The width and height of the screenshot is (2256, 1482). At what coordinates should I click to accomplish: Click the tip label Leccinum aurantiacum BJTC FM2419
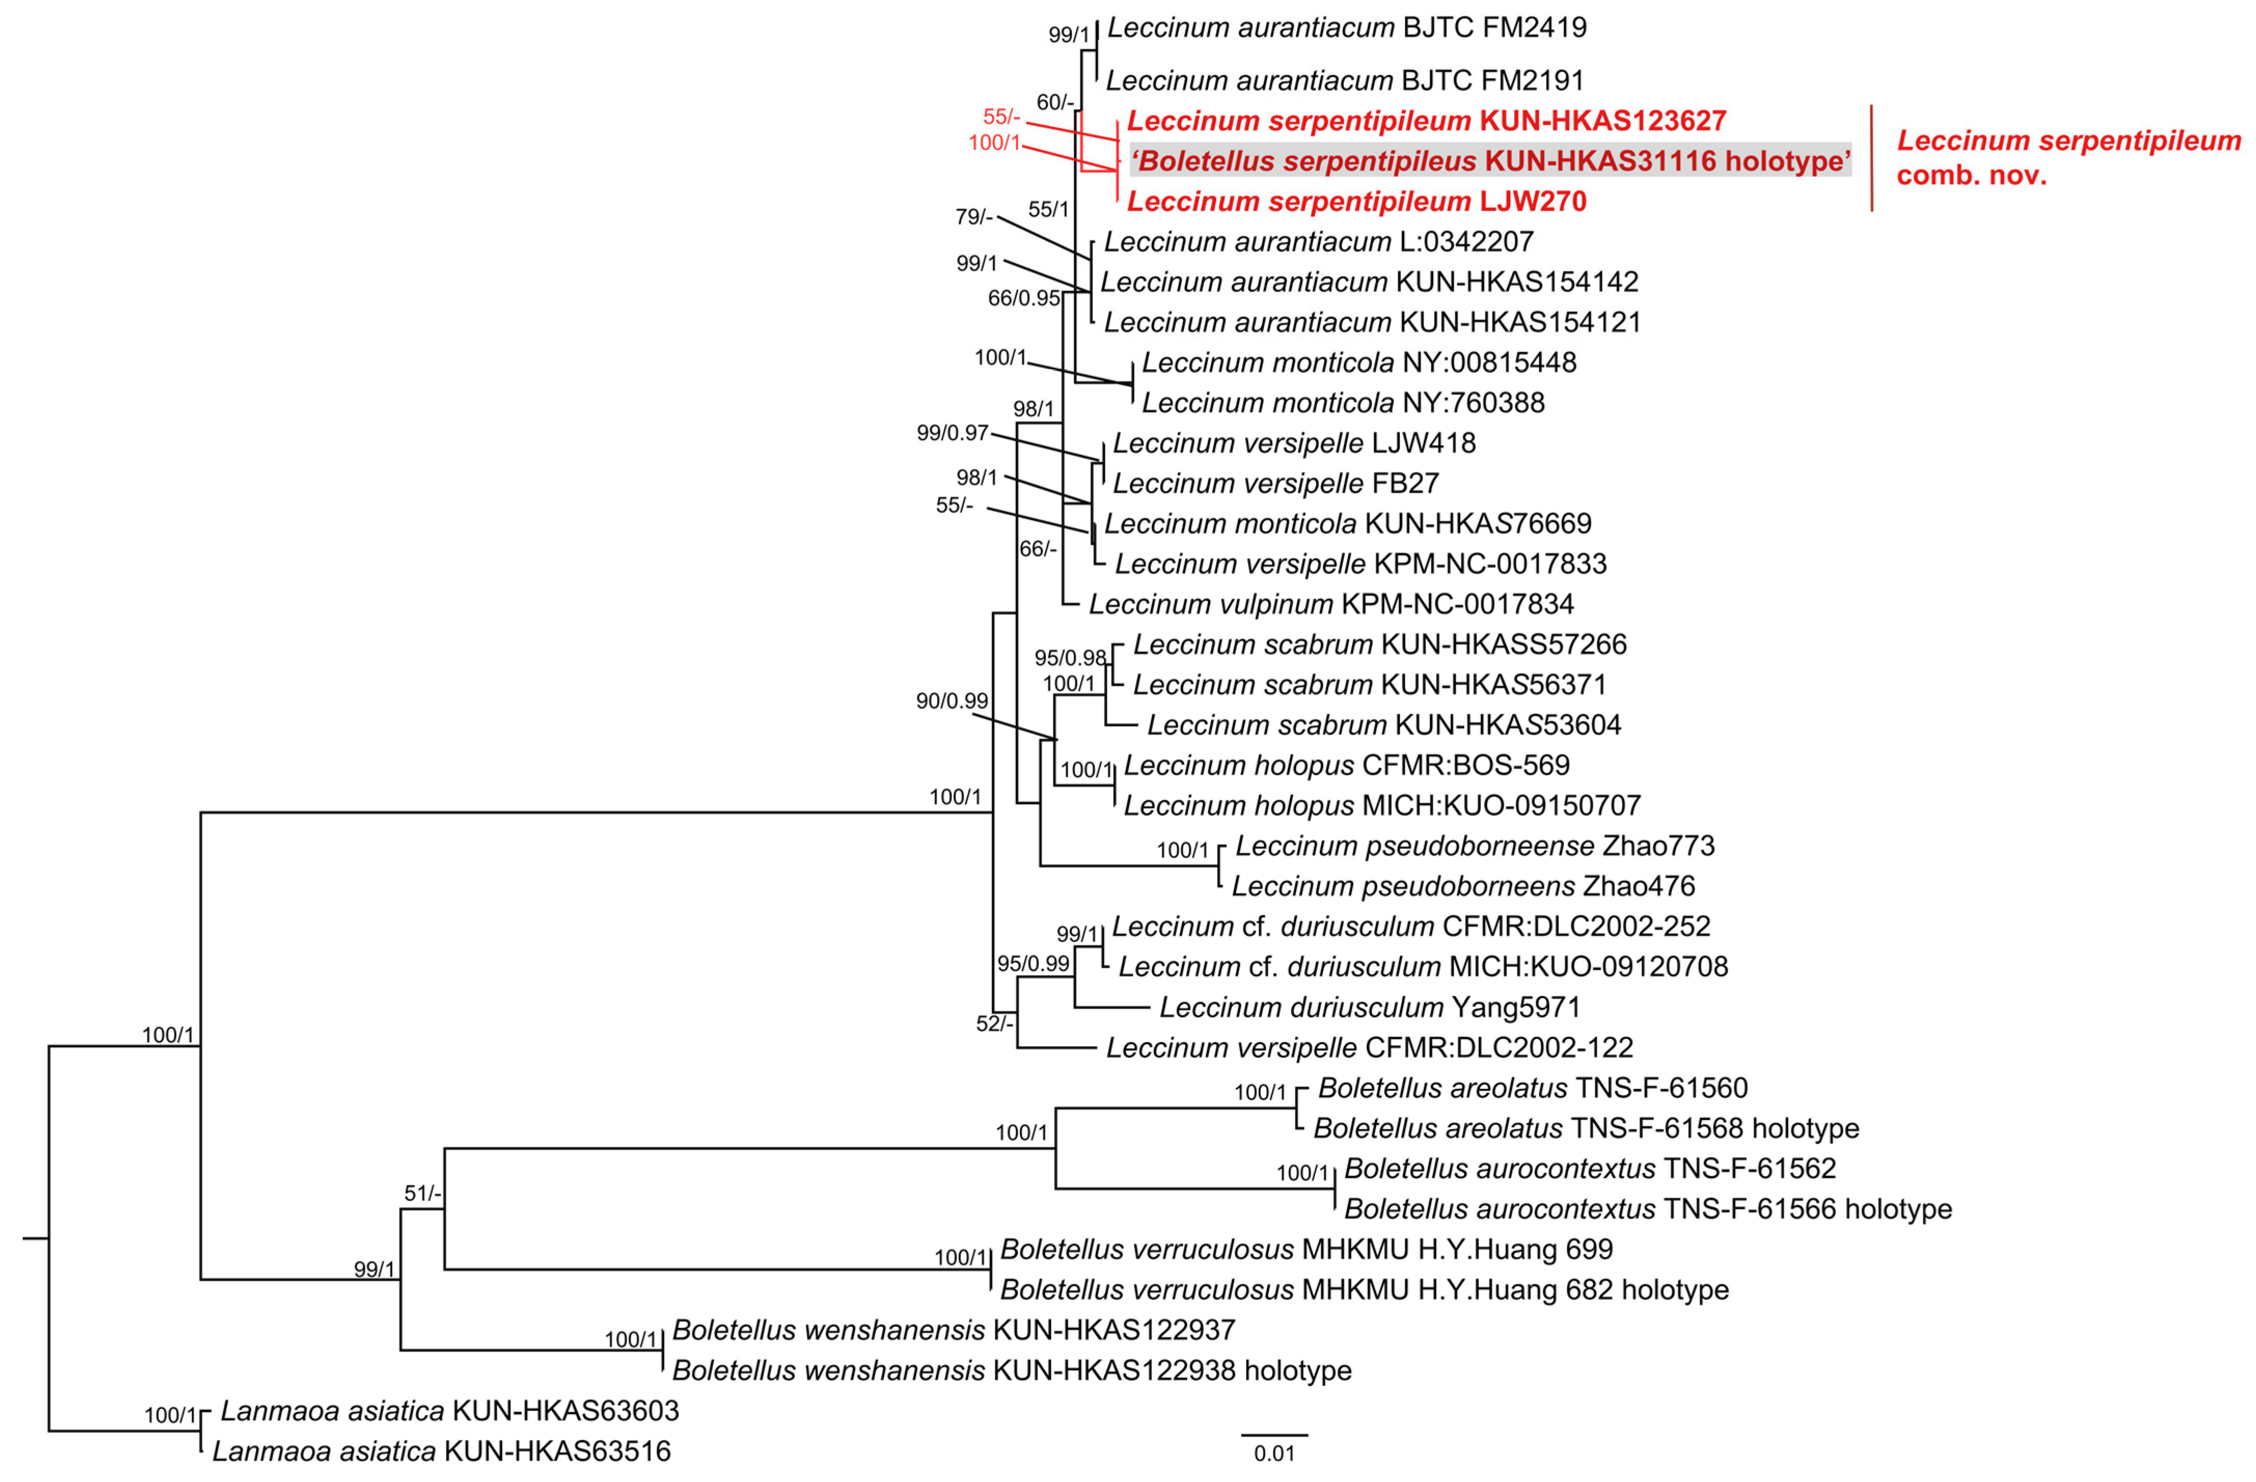[1346, 27]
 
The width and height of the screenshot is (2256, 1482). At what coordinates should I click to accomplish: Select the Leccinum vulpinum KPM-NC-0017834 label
[1331, 604]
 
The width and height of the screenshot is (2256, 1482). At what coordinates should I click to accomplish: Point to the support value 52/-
[994, 1023]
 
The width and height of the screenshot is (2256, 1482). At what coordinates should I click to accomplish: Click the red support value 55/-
[1001, 117]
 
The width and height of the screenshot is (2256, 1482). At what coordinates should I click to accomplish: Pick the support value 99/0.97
[952, 433]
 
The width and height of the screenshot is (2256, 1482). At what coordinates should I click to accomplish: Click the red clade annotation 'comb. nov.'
[1972, 175]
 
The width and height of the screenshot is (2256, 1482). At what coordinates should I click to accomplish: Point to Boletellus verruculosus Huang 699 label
[1306, 1250]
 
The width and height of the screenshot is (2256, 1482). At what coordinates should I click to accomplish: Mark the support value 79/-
[973, 217]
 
